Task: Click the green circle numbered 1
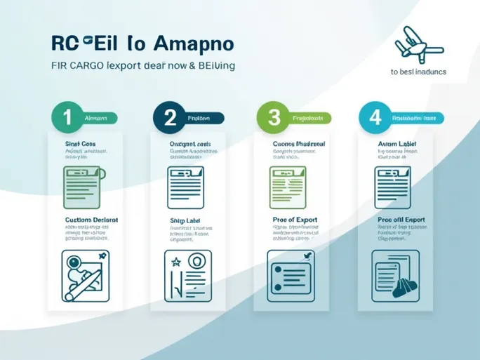[x=67, y=118]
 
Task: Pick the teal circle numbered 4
[x=374, y=118]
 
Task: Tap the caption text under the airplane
[x=418, y=72]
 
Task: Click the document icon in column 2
[x=185, y=186]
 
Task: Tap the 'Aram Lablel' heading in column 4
[x=397, y=143]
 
